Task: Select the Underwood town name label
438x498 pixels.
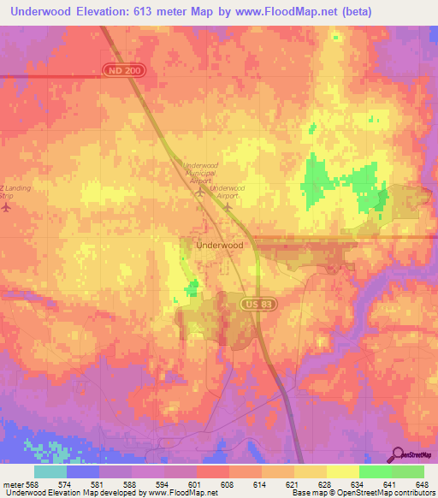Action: [220, 245]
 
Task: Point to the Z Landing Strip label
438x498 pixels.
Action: [8, 193]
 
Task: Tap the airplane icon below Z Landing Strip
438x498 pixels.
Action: [7, 209]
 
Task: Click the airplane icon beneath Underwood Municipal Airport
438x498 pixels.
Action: [200, 192]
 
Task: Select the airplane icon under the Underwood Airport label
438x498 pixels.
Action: [228, 206]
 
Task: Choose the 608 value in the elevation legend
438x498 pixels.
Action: [228, 483]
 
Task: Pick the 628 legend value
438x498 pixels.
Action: [325, 483]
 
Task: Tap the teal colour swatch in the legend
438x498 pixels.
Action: [50, 471]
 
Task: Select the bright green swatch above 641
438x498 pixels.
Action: [375, 471]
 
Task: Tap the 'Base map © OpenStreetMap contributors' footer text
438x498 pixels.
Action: [363, 494]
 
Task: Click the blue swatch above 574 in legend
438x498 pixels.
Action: [83, 471]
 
